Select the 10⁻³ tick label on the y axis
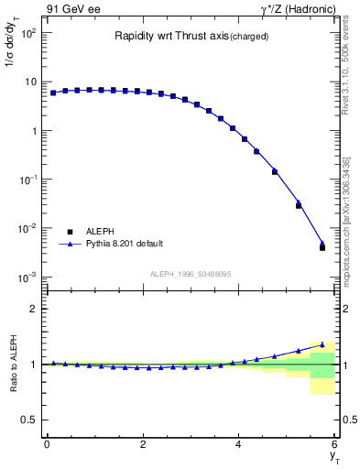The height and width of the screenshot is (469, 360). coord(27,277)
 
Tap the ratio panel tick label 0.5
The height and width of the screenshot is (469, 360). coord(29,420)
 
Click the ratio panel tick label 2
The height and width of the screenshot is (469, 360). coord(33,309)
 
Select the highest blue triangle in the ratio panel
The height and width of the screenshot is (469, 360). coord(322,344)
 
